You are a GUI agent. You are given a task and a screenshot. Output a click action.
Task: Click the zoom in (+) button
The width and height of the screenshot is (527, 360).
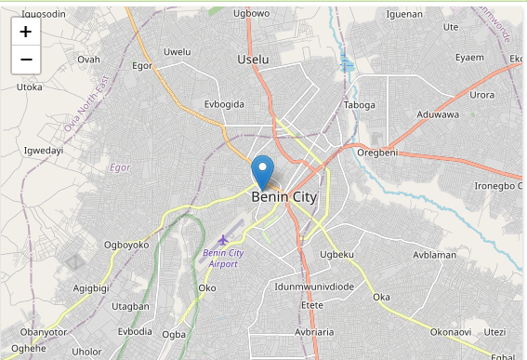click(25, 32)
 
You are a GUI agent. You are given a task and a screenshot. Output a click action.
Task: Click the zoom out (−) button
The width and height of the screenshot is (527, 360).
click(25, 60)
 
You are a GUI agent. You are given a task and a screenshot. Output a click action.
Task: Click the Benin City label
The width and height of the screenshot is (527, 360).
click(283, 197)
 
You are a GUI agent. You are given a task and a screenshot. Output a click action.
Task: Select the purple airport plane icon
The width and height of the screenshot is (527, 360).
click(223, 240)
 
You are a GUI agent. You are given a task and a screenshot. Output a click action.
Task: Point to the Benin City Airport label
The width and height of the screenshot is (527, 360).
click(223, 258)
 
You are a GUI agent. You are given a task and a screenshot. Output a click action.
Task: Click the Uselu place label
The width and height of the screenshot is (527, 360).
click(253, 59)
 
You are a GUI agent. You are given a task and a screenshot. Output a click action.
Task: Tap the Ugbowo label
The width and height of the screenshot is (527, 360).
click(251, 13)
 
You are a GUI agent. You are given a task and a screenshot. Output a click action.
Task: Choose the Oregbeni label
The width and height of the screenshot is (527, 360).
click(377, 153)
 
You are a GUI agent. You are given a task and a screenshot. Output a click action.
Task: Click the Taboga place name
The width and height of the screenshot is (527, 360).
click(359, 105)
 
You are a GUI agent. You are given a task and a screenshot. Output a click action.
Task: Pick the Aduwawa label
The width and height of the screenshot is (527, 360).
click(438, 114)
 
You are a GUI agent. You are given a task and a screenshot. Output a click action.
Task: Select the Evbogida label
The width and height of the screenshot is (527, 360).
click(223, 105)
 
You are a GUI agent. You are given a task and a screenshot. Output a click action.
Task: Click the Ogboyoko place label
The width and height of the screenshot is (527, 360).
click(126, 246)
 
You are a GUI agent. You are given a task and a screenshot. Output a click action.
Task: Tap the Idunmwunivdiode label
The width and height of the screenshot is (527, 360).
click(314, 287)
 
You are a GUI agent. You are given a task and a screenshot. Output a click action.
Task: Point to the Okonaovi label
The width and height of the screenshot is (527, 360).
click(451, 332)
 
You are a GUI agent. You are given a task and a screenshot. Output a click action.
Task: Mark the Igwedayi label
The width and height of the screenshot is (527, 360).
click(43, 150)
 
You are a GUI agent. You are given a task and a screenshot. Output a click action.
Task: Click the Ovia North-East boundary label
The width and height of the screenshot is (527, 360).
click(87, 103)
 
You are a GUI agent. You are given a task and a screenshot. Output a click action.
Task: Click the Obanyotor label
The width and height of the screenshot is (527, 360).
click(44, 332)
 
